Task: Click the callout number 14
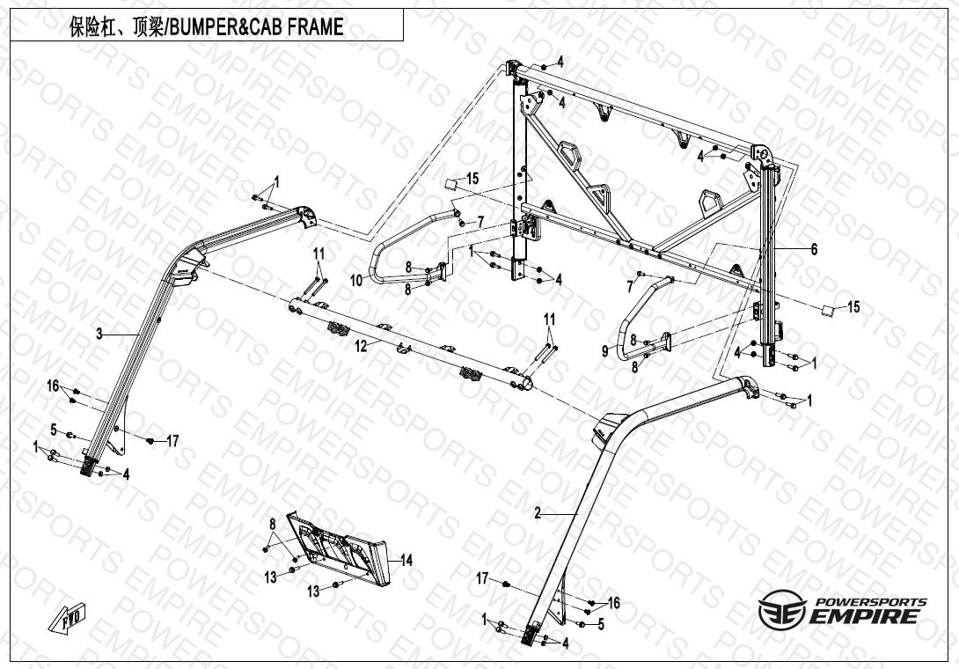pyautogui.click(x=406, y=560)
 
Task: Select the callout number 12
pyautogui.click(x=362, y=347)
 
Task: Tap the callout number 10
pyautogui.click(x=356, y=280)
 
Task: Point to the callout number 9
pyautogui.click(x=605, y=351)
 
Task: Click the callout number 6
pyautogui.click(x=814, y=249)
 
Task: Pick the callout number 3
pyautogui.click(x=99, y=334)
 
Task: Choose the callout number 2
pyautogui.click(x=538, y=513)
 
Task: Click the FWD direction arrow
pyautogui.click(x=67, y=617)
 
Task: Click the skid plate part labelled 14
pyautogui.click(x=339, y=548)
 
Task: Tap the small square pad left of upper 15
pyautogui.click(x=450, y=185)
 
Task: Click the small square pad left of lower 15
pyautogui.click(x=828, y=310)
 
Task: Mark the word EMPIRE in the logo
pyautogui.click(x=864, y=616)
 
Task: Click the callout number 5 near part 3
pyautogui.click(x=54, y=430)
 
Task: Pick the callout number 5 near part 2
pyautogui.click(x=601, y=625)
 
